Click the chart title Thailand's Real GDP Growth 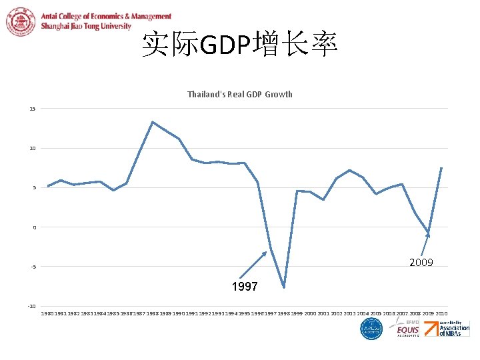pos(239,94)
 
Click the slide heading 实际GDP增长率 pos(239,45)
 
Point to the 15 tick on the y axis pos(32,109)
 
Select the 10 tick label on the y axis pos(32,148)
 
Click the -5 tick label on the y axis pos(33,267)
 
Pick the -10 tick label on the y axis pos(31,306)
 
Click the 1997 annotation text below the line pos(244,287)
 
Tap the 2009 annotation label pos(421,263)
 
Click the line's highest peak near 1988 pos(153,122)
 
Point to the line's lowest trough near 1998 pos(284,287)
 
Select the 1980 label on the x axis pos(47,313)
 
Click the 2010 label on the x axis pos(441,313)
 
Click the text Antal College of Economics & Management pos(106,17)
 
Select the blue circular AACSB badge pos(371,329)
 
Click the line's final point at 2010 pos(441,168)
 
